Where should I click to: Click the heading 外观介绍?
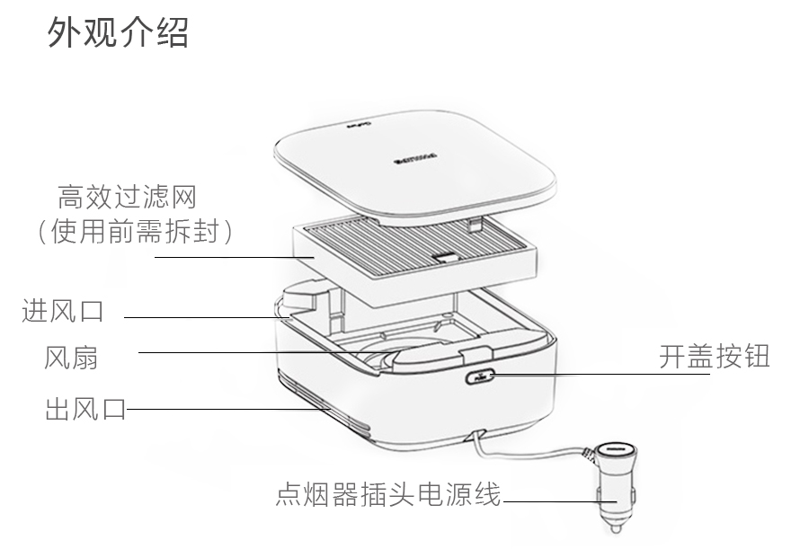point(118,33)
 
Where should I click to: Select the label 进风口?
point(62,312)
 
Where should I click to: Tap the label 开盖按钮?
point(714,357)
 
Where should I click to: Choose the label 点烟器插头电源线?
point(387,495)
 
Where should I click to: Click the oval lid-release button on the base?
point(477,377)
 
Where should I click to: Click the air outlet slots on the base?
point(333,416)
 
